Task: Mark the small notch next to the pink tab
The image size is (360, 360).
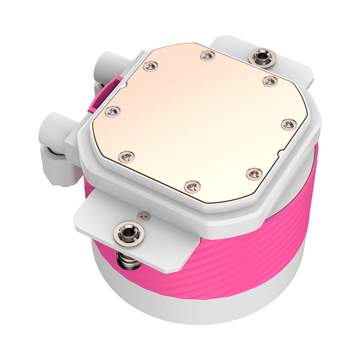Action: (121, 84)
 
